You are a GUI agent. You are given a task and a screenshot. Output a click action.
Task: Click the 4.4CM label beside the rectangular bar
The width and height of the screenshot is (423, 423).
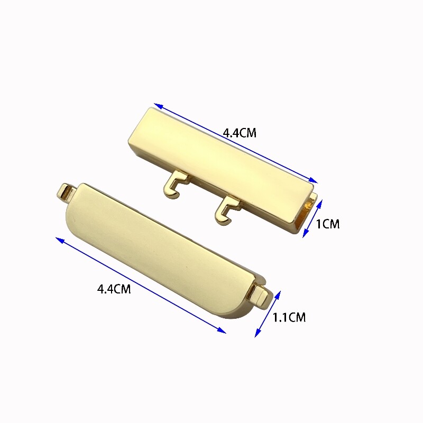coord(240,133)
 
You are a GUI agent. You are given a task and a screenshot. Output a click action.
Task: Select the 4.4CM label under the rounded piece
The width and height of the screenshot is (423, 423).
coord(114,289)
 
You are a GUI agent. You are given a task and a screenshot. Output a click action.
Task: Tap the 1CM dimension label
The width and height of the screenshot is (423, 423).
coord(327,224)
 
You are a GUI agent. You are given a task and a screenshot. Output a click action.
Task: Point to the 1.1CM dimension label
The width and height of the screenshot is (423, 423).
coord(289,317)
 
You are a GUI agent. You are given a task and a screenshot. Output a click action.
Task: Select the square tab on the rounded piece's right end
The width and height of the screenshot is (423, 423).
coord(261,296)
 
